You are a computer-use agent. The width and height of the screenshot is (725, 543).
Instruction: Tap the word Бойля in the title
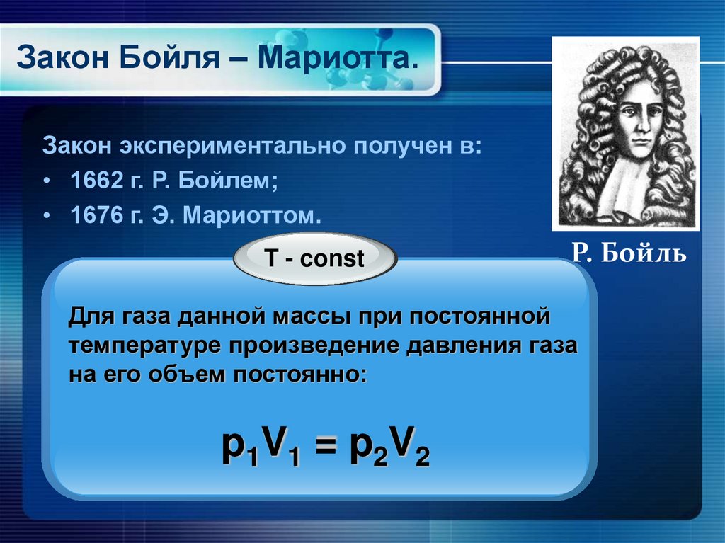[x=168, y=57]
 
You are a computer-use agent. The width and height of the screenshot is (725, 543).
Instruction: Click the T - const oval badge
[x=314, y=259]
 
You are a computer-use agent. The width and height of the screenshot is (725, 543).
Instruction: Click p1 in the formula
[x=237, y=450]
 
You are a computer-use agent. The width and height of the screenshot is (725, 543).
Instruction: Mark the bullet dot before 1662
[x=46, y=181]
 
